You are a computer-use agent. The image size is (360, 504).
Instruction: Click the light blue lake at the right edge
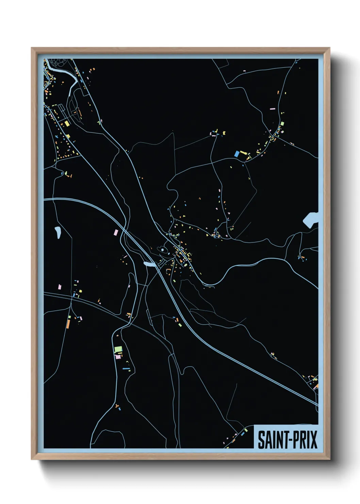click(310, 220)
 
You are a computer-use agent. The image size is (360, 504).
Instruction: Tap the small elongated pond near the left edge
click(58, 233)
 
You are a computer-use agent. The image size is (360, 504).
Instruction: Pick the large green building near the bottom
click(118, 349)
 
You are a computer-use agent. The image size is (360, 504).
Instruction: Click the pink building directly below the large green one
click(118, 357)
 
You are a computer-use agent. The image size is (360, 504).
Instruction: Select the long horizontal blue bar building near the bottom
click(126, 368)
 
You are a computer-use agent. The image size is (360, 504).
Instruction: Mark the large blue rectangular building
click(237, 154)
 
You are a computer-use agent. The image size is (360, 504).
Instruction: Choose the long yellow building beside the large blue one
click(243, 153)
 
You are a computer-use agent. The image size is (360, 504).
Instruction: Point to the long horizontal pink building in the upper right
click(272, 109)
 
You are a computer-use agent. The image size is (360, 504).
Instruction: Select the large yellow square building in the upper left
click(67, 123)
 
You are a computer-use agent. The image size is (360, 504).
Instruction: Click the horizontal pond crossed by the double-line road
click(149, 264)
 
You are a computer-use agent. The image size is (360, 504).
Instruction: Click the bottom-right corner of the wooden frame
click(329, 459)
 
